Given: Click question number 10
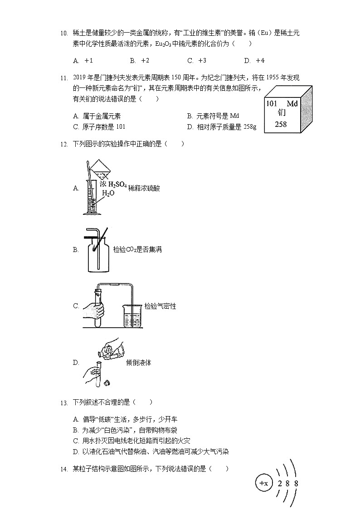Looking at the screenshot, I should pyautogui.click(x=63, y=33).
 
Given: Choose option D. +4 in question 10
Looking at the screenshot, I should pyautogui.click(x=254, y=60).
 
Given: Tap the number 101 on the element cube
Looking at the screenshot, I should pyautogui.click(x=272, y=104).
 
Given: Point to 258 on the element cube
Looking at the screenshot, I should pyautogui.click(x=281, y=124).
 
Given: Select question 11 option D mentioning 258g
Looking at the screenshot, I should pyautogui.click(x=221, y=127).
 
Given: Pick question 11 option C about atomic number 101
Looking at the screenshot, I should pyautogui.click(x=98, y=127).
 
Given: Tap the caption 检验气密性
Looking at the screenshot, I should pyautogui.click(x=160, y=306).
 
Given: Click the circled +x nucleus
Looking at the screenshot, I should pyautogui.click(x=263, y=483).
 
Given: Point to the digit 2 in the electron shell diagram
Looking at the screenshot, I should pyautogui.click(x=280, y=484).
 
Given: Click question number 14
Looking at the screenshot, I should pyautogui.click(x=63, y=469).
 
